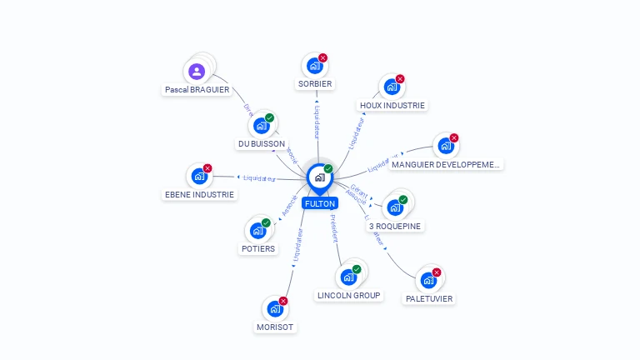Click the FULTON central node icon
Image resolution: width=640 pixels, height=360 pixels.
pyautogui.click(x=319, y=177)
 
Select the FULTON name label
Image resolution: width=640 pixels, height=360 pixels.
pyautogui.click(x=320, y=203)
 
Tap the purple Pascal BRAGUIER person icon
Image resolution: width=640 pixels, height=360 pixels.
pyautogui.click(x=197, y=71)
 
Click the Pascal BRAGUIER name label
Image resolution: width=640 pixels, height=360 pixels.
pyautogui.click(x=197, y=89)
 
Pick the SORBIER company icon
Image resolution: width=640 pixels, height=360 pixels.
pyautogui.click(x=314, y=66)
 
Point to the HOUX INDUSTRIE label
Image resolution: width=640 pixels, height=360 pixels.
pyautogui.click(x=392, y=106)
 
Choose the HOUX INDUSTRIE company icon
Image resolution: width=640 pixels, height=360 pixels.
pyautogui.click(x=391, y=87)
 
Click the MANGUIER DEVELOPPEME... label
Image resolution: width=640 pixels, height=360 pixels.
pyautogui.click(x=446, y=164)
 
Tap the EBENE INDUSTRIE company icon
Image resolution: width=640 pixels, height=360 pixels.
pyautogui.click(x=199, y=176)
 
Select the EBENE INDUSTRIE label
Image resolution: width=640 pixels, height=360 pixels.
pyautogui.click(x=199, y=194)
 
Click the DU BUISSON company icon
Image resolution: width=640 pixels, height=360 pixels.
pyautogui.click(x=261, y=126)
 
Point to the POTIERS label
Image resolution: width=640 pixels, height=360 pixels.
pyautogui.click(x=257, y=248)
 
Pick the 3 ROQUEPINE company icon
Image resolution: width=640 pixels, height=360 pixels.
pyautogui.click(x=394, y=207)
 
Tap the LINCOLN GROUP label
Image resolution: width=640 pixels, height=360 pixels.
pyautogui.click(x=349, y=295)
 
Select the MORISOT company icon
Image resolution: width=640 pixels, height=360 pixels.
pyautogui.click(x=274, y=308)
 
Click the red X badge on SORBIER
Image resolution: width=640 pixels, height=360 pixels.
pyautogui.click(x=322, y=58)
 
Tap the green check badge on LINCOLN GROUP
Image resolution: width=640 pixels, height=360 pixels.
pyautogui.click(x=357, y=269)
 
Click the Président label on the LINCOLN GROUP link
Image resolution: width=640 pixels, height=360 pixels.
pyautogui.click(x=332, y=228)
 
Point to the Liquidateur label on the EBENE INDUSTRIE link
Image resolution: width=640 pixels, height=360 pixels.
pyautogui.click(x=259, y=177)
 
